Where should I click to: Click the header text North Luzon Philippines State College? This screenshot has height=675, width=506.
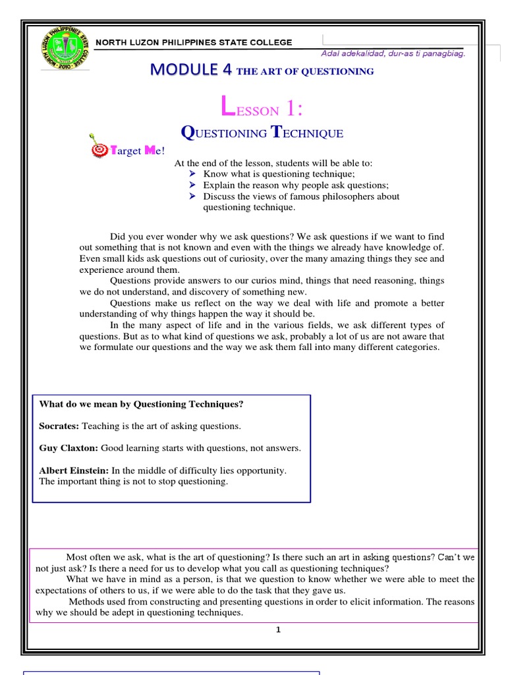194,42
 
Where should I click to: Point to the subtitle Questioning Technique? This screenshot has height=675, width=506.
262,133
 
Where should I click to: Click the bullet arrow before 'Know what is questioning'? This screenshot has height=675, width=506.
192,174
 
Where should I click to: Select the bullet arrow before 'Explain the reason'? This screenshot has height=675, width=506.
192,185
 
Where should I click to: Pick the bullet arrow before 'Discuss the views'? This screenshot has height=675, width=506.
192,196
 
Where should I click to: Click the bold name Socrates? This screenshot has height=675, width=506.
59,426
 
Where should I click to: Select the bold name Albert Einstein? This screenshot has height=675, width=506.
74,471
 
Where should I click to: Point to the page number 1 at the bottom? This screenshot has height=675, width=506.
278,630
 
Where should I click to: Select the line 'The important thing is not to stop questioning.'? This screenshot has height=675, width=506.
134,481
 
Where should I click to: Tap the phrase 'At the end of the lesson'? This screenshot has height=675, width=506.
223,163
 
